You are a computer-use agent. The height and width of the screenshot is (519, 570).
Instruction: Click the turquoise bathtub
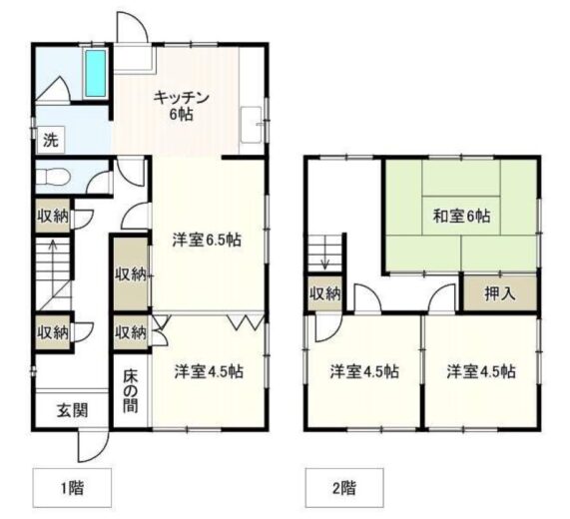[x=96, y=73]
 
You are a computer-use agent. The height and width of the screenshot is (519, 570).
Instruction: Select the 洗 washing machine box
[x=51, y=140]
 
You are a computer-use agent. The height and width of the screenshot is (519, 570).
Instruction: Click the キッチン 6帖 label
[x=181, y=106]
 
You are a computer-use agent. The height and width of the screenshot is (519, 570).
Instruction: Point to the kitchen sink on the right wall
[x=252, y=125]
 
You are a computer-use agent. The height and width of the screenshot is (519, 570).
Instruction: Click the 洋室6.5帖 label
[x=207, y=240]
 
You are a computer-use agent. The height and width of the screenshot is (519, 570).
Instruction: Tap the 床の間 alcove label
[x=130, y=391]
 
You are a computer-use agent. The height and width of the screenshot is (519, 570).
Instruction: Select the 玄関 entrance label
[x=72, y=410]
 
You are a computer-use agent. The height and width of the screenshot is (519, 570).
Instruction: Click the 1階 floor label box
[x=72, y=488]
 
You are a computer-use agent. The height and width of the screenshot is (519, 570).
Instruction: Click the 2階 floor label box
[x=344, y=488]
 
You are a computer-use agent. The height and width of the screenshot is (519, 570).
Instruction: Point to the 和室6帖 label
[x=461, y=217]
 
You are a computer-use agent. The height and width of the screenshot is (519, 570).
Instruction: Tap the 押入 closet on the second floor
[x=500, y=293]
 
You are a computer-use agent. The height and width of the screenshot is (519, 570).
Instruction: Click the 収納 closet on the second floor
[x=325, y=293]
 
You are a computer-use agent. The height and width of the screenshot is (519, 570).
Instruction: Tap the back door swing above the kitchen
[x=133, y=27]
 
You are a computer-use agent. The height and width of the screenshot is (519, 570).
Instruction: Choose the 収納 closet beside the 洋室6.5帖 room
[x=131, y=273]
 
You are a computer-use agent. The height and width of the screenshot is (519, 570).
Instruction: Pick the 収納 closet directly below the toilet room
[x=53, y=217]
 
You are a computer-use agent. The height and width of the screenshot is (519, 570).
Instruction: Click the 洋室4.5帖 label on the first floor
[x=209, y=371]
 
